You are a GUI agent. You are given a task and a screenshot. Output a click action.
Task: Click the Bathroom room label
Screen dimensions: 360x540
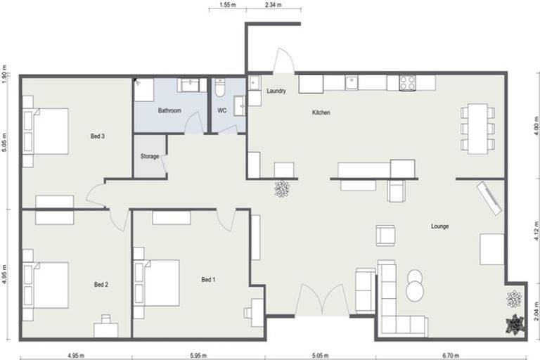(169, 110)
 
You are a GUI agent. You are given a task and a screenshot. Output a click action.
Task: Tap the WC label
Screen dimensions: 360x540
(221, 110)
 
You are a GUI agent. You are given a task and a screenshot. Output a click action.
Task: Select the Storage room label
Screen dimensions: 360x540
(149, 156)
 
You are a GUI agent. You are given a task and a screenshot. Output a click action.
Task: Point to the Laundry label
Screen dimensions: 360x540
(276, 91)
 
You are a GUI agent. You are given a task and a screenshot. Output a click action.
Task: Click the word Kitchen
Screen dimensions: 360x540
(321, 112)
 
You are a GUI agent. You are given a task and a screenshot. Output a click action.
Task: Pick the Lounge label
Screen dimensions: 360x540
(440, 226)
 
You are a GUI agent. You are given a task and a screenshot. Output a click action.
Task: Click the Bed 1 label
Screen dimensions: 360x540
(208, 280)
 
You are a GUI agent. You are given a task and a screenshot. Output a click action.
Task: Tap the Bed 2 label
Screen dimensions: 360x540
(101, 285)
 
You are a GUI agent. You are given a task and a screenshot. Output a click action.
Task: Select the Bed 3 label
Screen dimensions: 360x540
(98, 136)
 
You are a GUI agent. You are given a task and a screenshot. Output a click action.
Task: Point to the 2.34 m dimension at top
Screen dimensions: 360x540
(273, 5)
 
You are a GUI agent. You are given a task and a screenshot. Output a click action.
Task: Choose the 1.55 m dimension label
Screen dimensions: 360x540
(227, 5)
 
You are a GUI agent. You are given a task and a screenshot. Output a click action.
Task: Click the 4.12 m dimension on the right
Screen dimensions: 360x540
(536, 229)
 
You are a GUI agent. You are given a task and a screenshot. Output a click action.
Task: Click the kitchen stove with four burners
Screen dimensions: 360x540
(407, 83)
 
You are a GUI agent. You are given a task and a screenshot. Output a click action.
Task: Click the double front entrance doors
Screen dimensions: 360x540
(321, 301)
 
